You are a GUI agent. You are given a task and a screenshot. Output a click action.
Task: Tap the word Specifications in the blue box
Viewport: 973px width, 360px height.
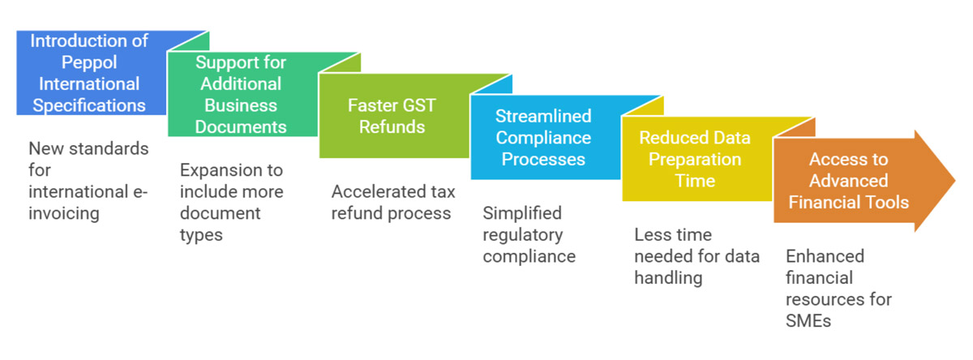[x=89, y=105]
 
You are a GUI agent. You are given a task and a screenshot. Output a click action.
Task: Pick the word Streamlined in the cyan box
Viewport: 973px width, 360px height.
[x=544, y=116]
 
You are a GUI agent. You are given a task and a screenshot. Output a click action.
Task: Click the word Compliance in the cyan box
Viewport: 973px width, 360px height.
[x=544, y=137]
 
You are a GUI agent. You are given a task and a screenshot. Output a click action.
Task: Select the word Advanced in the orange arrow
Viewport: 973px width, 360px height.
[x=848, y=180]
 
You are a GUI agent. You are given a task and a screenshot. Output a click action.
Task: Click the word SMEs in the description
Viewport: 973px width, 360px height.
[x=808, y=320]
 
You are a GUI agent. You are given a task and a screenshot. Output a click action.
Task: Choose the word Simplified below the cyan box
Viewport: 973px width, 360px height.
[x=521, y=213]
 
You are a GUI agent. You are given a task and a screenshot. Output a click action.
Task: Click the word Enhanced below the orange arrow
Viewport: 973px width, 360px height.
[x=825, y=256]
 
